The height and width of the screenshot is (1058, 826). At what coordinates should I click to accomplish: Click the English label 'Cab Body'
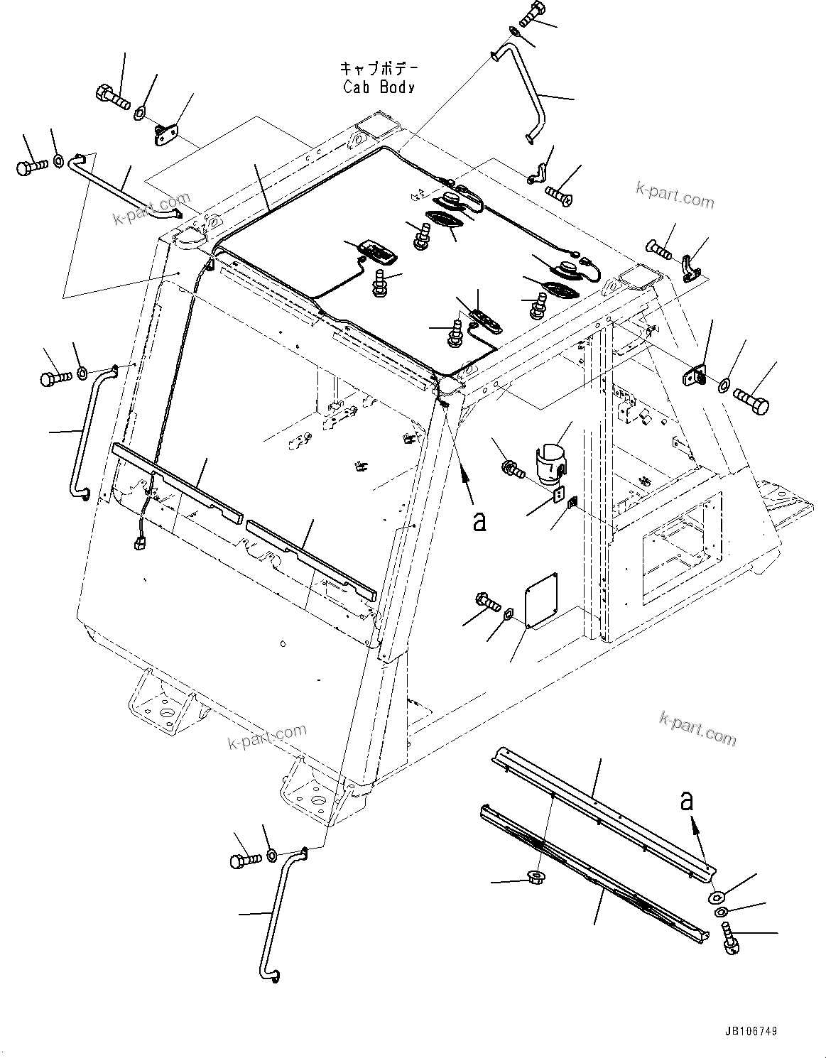point(379,87)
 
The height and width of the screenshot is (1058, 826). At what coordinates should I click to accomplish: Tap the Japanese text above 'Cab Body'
point(379,69)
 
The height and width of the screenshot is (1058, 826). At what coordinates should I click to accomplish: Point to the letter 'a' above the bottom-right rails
point(686,801)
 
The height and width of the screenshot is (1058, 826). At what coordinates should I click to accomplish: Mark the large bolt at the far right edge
point(751,399)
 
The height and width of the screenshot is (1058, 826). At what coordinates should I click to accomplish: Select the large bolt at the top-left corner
point(112,96)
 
